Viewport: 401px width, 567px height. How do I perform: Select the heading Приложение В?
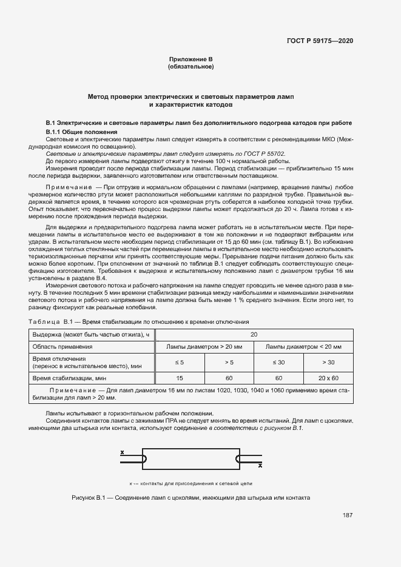pyautogui.click(x=190, y=59)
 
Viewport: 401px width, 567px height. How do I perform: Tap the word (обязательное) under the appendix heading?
pyautogui.click(x=190, y=66)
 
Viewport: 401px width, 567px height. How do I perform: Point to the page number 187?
pyautogui.click(x=348, y=515)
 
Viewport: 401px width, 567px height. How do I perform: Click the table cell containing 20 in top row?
pyautogui.click(x=254, y=334)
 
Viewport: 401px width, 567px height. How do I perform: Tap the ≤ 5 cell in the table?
pyautogui.click(x=180, y=362)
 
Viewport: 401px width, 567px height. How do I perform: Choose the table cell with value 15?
pyautogui.click(x=180, y=378)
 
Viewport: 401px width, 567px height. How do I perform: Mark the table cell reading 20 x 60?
pyautogui.click(x=328, y=378)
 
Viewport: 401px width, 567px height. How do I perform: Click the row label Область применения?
pyautogui.click(x=62, y=347)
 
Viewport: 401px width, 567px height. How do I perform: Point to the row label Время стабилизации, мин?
pyautogui.click(x=69, y=378)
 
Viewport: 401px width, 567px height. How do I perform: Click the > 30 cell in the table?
pyautogui.click(x=328, y=362)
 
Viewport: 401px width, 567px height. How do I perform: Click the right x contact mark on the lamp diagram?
pyautogui.click(x=260, y=466)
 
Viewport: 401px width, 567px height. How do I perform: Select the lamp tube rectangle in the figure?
pyautogui.click(x=190, y=459)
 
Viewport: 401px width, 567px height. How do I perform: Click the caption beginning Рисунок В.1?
pyautogui.click(x=190, y=497)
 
